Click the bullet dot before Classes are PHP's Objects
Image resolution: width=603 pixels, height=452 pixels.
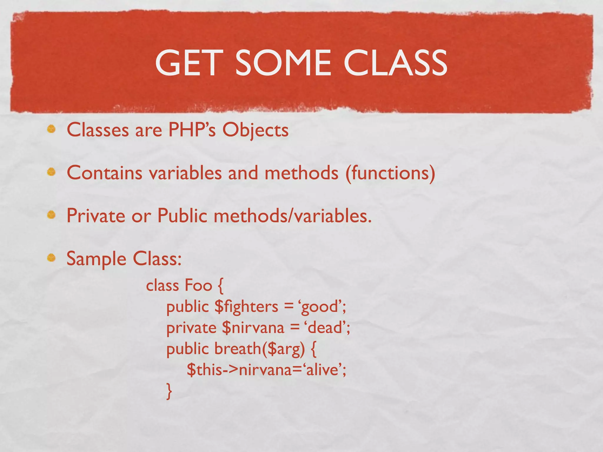[x=52, y=129]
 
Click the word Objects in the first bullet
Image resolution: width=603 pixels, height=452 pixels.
[x=255, y=130]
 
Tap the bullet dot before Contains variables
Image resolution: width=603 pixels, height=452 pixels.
[x=52, y=172]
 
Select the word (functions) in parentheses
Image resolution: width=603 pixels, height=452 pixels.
[x=390, y=173]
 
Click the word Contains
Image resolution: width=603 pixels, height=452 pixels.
[x=105, y=173]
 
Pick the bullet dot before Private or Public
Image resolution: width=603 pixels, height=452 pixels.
[x=52, y=215]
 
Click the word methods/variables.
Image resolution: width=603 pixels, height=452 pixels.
[x=293, y=216]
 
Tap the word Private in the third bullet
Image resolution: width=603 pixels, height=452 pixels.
[x=96, y=216]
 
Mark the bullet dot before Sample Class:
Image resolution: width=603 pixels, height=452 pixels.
[x=52, y=258]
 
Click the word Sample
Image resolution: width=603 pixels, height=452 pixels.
[x=96, y=259]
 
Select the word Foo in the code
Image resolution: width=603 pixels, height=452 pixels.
[x=198, y=285]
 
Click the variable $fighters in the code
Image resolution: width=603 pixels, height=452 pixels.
[x=246, y=307]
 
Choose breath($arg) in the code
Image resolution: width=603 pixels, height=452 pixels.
[x=259, y=349]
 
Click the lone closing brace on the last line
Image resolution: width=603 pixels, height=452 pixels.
[x=169, y=391]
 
